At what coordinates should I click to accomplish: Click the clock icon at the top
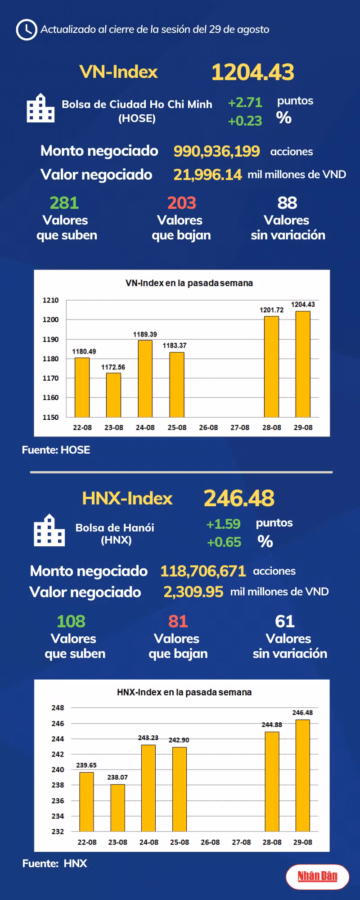tap(26, 30)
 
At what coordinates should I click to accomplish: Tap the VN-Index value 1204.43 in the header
tap(252, 72)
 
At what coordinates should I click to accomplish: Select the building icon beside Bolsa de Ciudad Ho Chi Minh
tap(40, 108)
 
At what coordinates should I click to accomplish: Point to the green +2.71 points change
tap(245, 103)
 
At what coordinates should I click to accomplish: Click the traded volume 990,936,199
tap(216, 151)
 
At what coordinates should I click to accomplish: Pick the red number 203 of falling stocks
tap(181, 203)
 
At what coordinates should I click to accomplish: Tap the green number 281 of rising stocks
tap(64, 203)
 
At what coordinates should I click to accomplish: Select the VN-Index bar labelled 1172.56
tap(113, 395)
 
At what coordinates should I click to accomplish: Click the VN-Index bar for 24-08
tap(145, 378)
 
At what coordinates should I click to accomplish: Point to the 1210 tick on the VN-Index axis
tap(50, 300)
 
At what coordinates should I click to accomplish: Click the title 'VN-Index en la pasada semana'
tap(189, 283)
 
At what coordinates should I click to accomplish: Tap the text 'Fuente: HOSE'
tap(56, 450)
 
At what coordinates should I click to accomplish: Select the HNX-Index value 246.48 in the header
tap(239, 498)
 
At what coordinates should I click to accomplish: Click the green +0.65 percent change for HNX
tap(224, 542)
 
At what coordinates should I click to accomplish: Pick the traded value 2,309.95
tap(193, 592)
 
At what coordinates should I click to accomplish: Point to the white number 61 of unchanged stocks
tap(285, 621)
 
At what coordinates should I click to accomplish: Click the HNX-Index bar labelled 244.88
tap(272, 781)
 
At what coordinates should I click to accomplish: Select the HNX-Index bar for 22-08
tap(86, 801)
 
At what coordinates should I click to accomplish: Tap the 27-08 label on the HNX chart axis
tap(241, 842)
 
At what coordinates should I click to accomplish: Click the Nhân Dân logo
tap(317, 876)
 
